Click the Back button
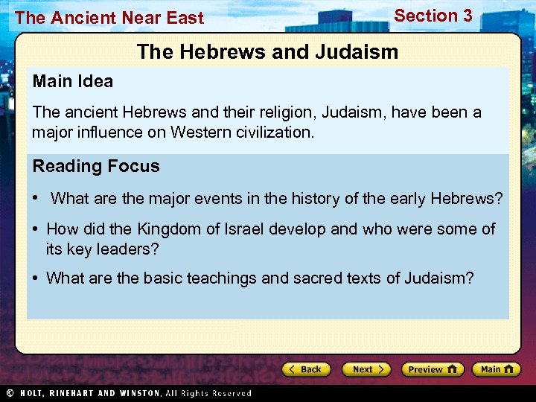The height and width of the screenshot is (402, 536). [x=306, y=369]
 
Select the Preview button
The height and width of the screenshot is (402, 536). [x=432, y=369]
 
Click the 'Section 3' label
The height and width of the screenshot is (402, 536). [x=433, y=16]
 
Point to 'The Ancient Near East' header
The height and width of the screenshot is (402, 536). [x=109, y=18]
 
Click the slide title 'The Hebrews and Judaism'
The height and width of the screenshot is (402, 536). [x=268, y=51]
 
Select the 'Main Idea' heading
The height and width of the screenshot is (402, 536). [x=72, y=81]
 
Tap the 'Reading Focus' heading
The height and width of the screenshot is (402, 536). [x=95, y=166]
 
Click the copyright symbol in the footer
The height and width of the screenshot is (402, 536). [x=10, y=393]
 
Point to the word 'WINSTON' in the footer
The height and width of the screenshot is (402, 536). [x=135, y=393]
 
